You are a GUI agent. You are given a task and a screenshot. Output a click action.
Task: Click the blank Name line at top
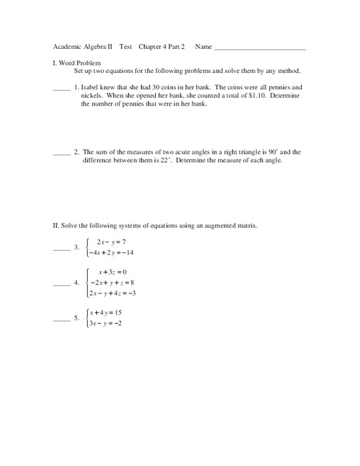pos(260,48)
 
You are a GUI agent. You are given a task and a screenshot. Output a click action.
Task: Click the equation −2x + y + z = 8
pos(113,283)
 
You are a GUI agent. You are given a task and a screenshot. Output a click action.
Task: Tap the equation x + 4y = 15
pos(110,312)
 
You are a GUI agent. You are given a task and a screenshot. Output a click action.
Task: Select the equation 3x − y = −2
pos(109,322)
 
